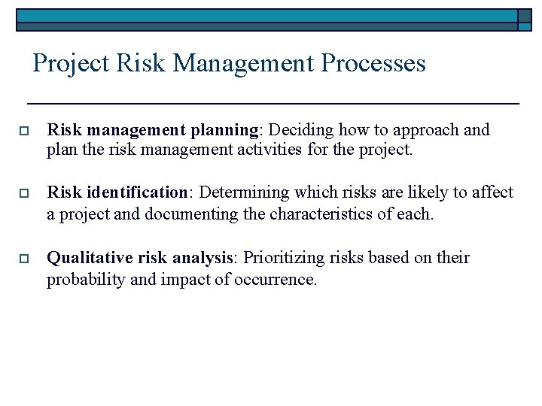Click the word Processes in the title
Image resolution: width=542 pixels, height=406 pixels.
click(373, 63)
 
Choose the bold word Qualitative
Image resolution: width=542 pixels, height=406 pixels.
click(90, 258)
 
